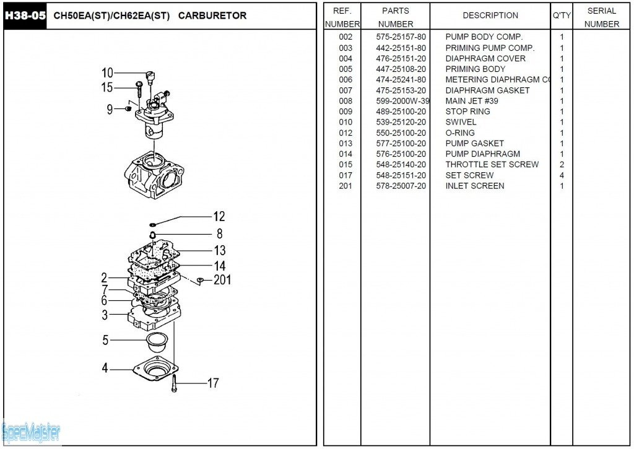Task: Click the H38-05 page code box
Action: point(25,15)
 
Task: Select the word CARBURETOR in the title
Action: point(212,15)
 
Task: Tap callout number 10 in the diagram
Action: point(107,73)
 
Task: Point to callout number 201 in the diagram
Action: point(222,280)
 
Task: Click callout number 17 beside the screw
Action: point(212,383)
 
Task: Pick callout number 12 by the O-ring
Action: point(219,217)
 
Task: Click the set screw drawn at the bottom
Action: point(175,383)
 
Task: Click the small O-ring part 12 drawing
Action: point(153,224)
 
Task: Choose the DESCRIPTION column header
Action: point(490,15)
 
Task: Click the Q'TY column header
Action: point(562,15)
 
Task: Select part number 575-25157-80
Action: point(401,37)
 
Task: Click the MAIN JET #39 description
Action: point(472,101)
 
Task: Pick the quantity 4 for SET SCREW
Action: point(562,175)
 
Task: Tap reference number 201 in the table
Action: point(345,186)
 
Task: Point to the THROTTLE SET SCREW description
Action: point(492,165)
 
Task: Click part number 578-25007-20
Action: point(401,186)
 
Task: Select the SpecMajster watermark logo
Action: point(31,431)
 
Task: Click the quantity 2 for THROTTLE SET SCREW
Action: point(562,165)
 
